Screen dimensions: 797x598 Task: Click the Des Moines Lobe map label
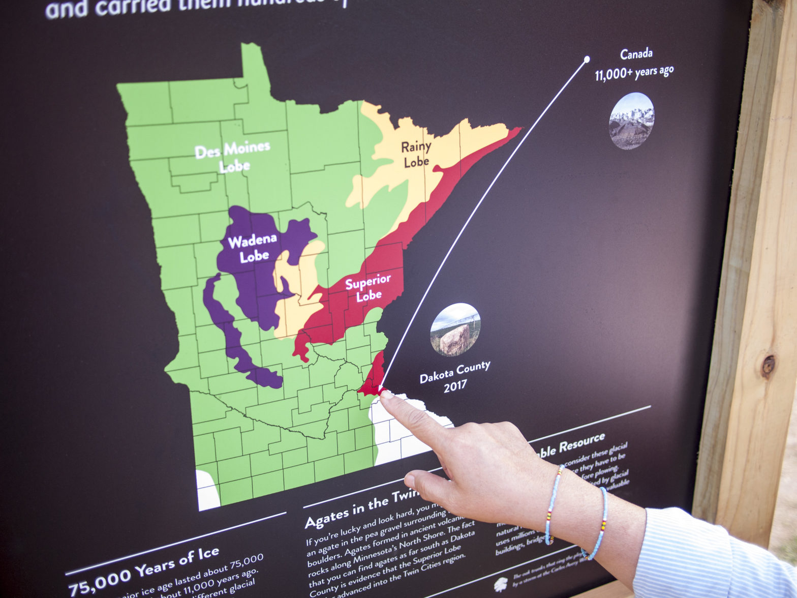(233, 157)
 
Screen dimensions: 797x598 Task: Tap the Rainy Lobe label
(416, 154)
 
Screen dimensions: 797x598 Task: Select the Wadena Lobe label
(253, 248)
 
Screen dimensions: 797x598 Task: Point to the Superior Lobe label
(368, 288)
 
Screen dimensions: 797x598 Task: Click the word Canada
(636, 53)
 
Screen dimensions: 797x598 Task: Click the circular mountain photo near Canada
(631, 121)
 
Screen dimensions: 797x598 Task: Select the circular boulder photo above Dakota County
(455, 330)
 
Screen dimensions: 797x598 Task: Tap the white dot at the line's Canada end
(587, 59)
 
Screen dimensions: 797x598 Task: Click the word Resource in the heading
(582, 443)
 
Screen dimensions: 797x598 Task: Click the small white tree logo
(501, 583)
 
